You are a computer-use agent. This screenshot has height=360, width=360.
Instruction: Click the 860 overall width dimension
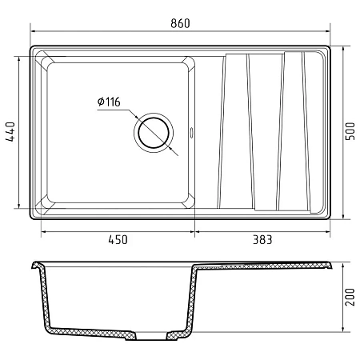click(x=180, y=23)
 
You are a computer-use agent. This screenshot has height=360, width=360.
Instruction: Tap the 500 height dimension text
click(x=350, y=131)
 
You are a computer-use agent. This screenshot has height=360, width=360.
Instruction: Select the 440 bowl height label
click(x=10, y=132)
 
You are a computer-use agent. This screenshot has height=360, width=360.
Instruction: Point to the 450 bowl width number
click(x=118, y=240)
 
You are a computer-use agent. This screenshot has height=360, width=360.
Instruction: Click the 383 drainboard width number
click(x=262, y=240)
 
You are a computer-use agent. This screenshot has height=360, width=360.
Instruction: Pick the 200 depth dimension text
click(x=350, y=297)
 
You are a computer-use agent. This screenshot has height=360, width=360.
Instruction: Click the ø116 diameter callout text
click(x=109, y=102)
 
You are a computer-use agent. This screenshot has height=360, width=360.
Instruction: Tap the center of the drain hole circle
click(x=154, y=133)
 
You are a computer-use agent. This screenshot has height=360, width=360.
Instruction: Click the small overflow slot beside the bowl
click(x=191, y=133)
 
